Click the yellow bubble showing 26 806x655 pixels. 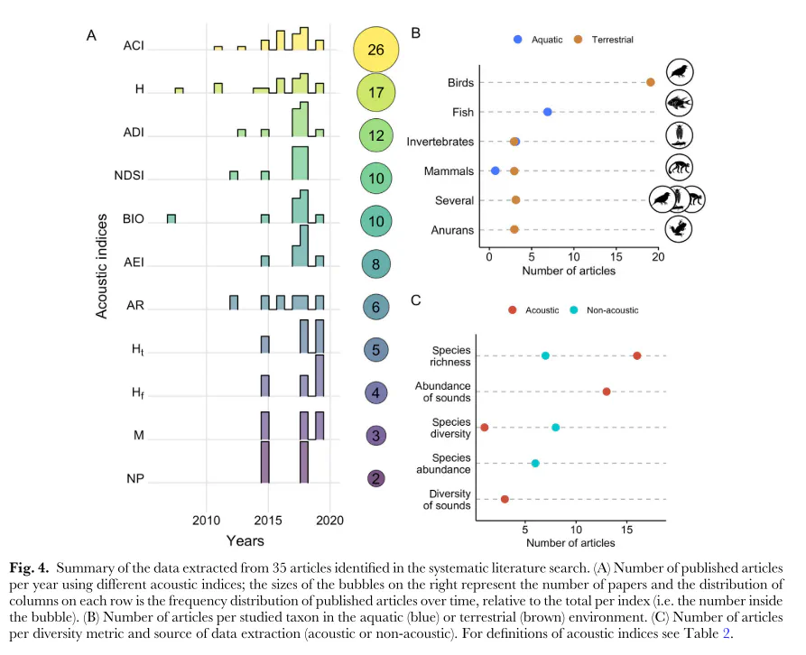click(375, 50)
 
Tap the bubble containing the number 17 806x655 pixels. click(375, 92)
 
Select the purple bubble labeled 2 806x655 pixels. click(375, 479)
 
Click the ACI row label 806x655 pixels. click(134, 46)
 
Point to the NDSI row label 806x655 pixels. click(129, 176)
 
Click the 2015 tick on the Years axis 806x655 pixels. click(268, 521)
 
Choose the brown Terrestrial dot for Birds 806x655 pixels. click(650, 82)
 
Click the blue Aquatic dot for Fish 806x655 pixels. click(548, 112)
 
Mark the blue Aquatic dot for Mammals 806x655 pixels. click(495, 171)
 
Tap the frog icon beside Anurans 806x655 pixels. click(679, 229)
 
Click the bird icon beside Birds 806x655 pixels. click(680, 72)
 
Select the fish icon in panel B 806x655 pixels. click(679, 103)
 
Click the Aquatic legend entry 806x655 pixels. click(538, 40)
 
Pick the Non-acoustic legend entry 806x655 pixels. click(605, 310)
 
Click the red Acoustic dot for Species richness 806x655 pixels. click(637, 355)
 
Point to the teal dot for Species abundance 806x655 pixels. click(535, 464)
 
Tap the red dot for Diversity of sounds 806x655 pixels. click(505, 499)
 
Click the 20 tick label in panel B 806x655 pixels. click(658, 257)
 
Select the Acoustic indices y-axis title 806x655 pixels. click(102, 266)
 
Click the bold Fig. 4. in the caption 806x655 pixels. click(29, 568)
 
